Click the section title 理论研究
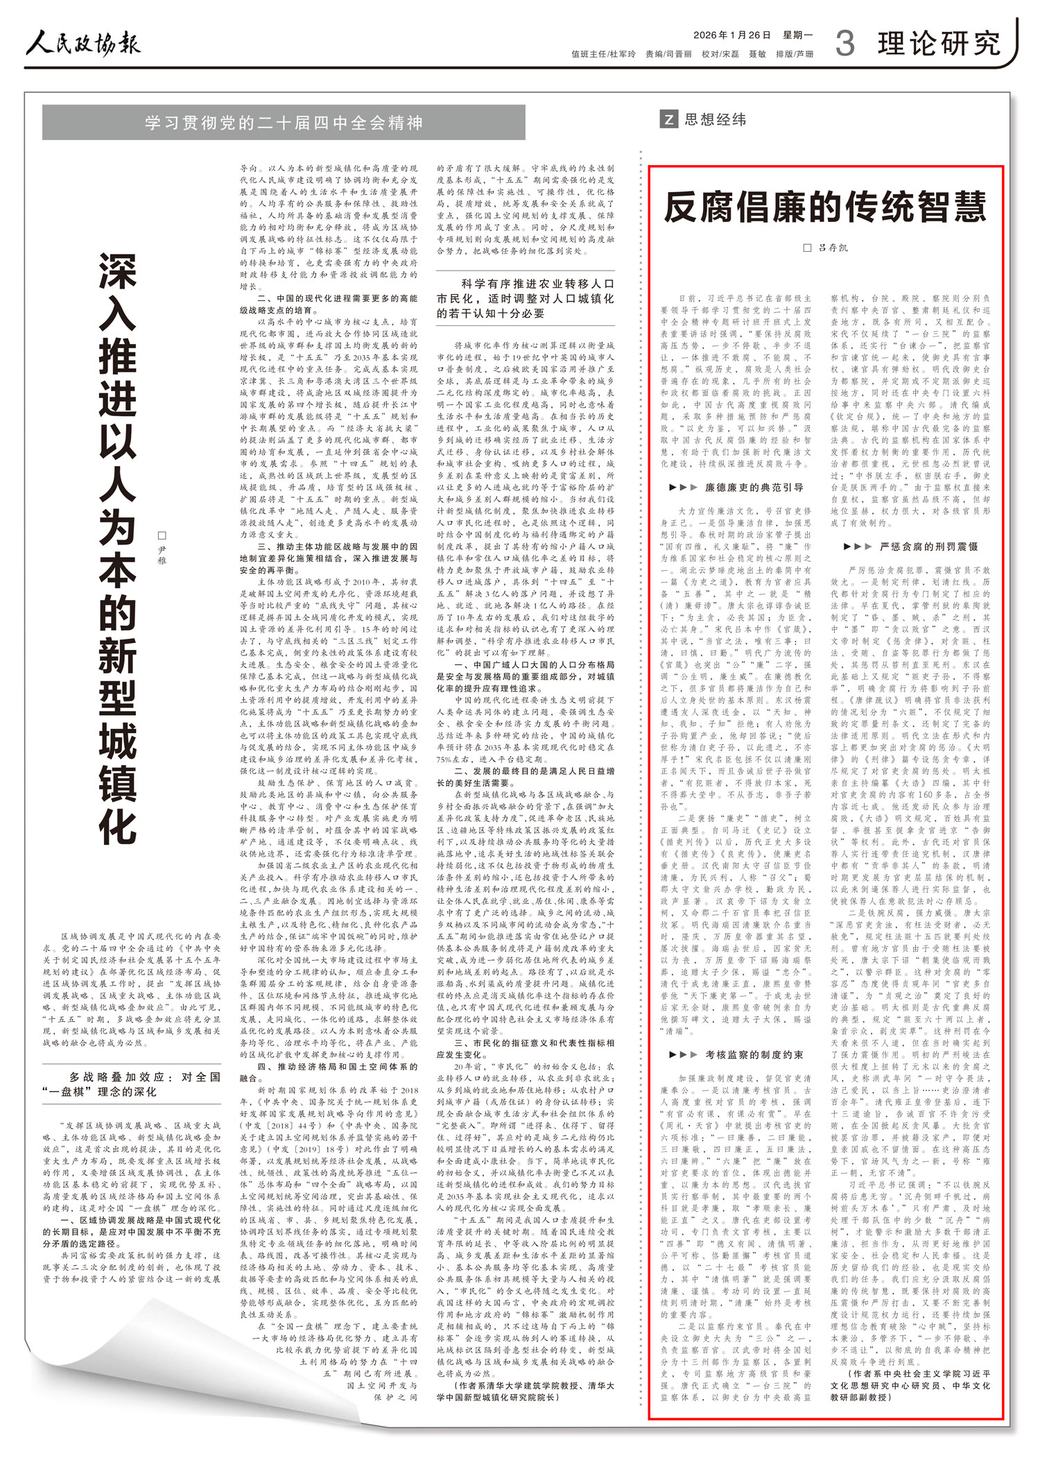pyautogui.click(x=939, y=44)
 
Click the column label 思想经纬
pyautogui.click(x=715, y=119)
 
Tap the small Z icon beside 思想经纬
pyautogui.click(x=668, y=119)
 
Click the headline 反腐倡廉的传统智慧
pyautogui.click(x=825, y=206)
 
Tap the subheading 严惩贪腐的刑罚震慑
pyautogui.click(x=919, y=546)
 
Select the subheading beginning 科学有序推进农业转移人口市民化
pyautogui.click(x=526, y=298)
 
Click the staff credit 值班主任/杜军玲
pyautogui.click(x=603, y=54)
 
